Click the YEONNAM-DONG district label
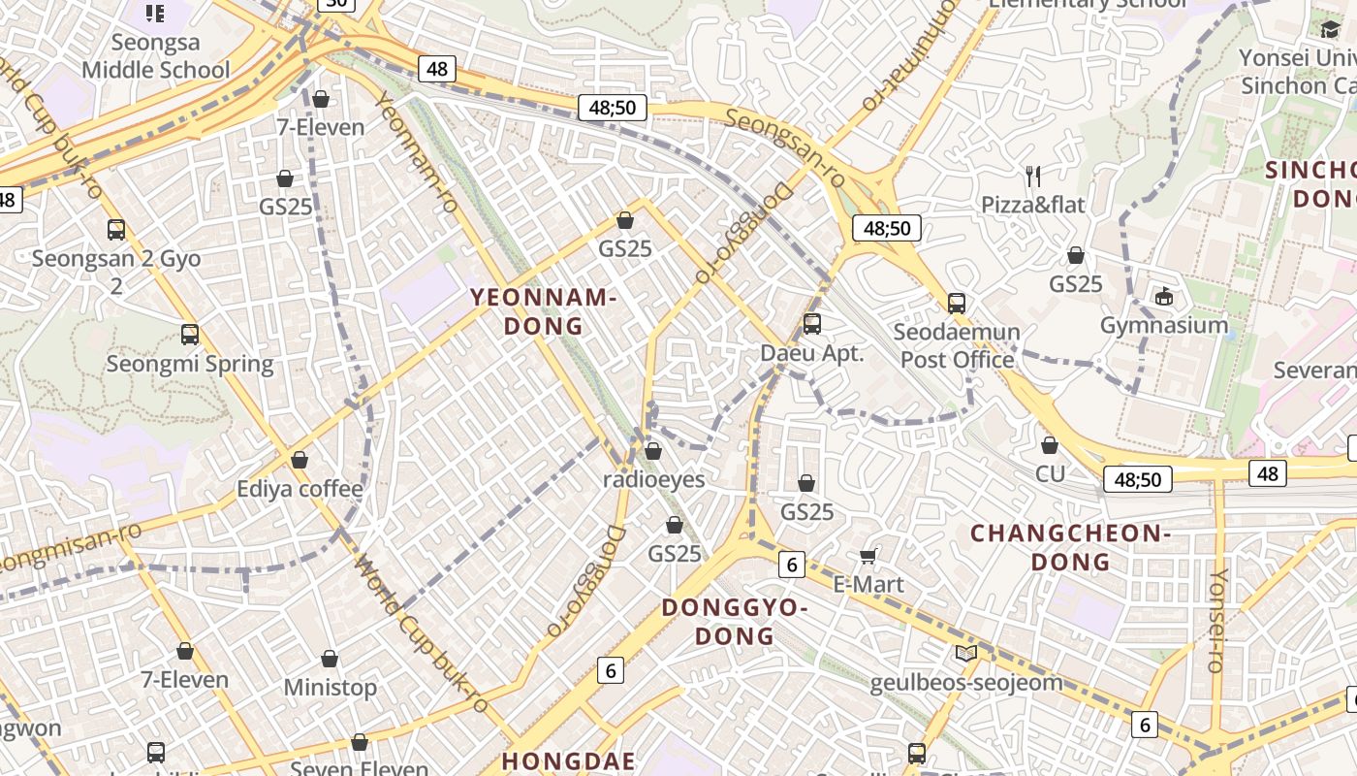tap(544, 311)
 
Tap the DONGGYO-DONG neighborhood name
tap(733, 622)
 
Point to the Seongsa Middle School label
tap(155, 56)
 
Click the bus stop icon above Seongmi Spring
tap(190, 335)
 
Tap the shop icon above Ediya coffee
tap(300, 459)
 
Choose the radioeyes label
tap(654, 479)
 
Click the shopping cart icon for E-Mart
tap(868, 556)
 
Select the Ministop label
tap(330, 687)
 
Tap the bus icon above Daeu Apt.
tap(812, 324)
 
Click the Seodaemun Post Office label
tap(957, 345)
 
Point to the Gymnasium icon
tap(1164, 296)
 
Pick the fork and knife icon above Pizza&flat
tap(1033, 177)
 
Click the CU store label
tap(1050, 473)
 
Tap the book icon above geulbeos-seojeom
tap(966, 653)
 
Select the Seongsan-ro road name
tap(785, 136)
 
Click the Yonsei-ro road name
tap(1217, 621)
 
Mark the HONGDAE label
tap(569, 760)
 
